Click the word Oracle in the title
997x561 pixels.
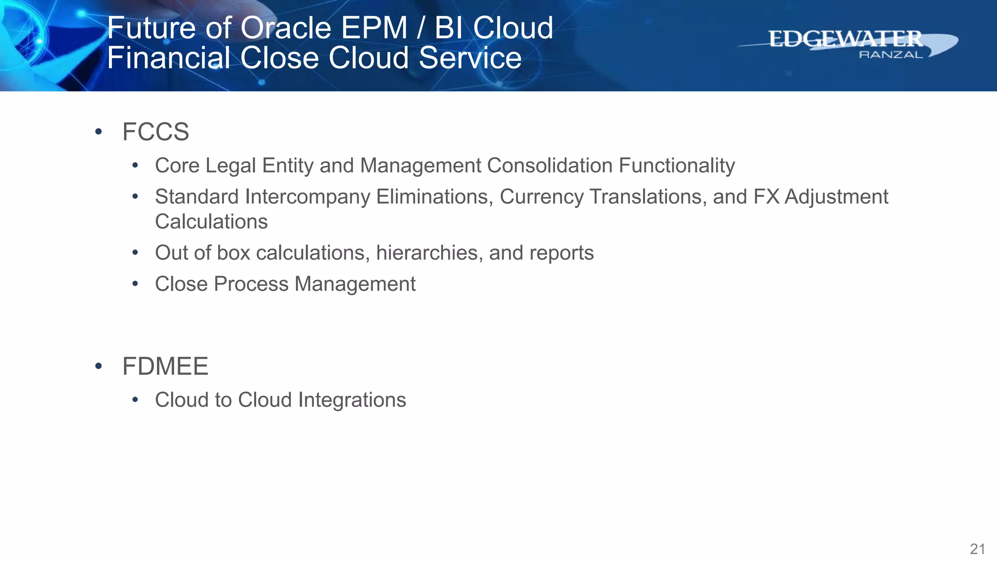[x=286, y=28]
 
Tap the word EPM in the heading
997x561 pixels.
[x=373, y=28]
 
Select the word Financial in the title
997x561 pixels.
[x=168, y=58]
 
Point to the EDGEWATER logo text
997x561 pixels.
[x=845, y=39]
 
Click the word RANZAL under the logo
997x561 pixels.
[x=890, y=55]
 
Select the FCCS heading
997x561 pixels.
[x=155, y=132]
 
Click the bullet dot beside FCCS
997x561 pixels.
[x=99, y=131]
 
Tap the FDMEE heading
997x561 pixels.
[x=165, y=366]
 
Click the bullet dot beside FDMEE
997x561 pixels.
[x=99, y=366]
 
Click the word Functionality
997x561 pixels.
[x=677, y=166]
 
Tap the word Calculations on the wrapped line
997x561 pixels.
[x=211, y=222]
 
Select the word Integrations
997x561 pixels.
[x=352, y=400]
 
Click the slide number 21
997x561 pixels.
[x=978, y=549]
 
